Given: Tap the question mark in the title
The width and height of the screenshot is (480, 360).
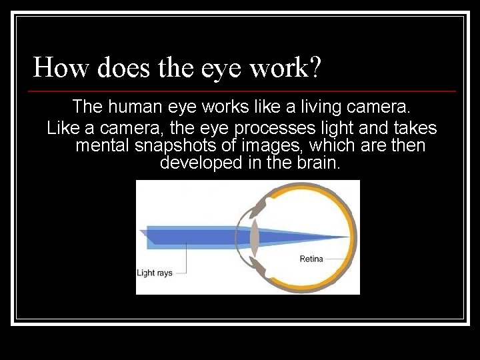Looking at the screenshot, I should pyautogui.click(x=314, y=67).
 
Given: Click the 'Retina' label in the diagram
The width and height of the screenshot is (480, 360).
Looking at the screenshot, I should pyautogui.click(x=311, y=259).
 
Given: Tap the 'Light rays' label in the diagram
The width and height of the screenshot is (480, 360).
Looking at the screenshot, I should pyautogui.click(x=155, y=273).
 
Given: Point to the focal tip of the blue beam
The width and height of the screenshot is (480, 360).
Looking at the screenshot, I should pyautogui.click(x=347, y=237).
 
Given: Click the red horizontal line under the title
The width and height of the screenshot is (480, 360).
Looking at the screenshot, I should pyautogui.click(x=243, y=91).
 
